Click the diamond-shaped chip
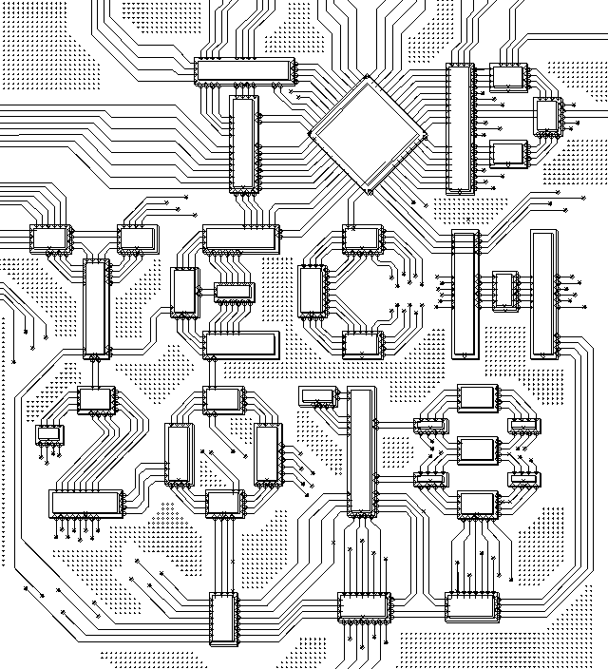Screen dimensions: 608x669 click(368, 135)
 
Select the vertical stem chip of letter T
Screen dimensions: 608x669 click(97, 309)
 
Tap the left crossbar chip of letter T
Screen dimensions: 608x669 click(50, 239)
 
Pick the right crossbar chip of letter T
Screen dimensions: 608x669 click(139, 239)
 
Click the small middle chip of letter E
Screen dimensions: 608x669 click(235, 292)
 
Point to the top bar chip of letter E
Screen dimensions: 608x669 click(241, 239)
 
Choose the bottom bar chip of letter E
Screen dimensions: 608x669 click(241, 345)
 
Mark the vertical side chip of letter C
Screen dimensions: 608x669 click(313, 291)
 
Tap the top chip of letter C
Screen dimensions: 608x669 click(363, 239)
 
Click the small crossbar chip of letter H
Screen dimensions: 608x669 click(505, 291)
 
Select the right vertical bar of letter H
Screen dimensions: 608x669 click(544, 294)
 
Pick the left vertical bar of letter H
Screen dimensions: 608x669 click(465, 295)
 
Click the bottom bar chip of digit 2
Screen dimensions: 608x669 click(86, 504)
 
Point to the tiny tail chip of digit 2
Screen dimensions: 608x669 click(50, 435)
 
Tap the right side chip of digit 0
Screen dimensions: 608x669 click(268, 454)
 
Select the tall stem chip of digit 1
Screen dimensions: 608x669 click(362, 451)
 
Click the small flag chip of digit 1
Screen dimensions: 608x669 click(318, 396)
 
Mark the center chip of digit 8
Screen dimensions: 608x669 click(478, 450)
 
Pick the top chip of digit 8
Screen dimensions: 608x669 click(478, 398)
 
